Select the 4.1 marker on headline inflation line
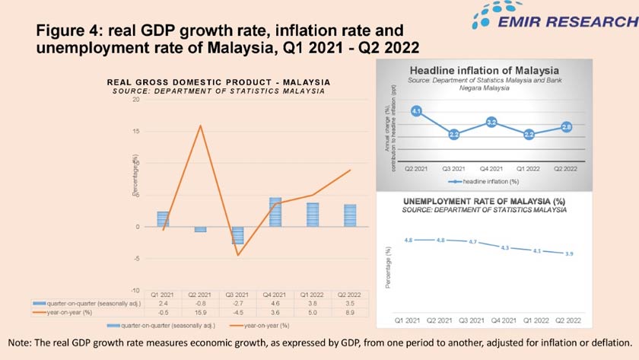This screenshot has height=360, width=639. (416, 111)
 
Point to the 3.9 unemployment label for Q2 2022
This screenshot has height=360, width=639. (569, 253)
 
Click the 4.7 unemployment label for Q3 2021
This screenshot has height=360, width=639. (472, 242)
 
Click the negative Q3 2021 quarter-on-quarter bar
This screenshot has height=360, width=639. (238, 235)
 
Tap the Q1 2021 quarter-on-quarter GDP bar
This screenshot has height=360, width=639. (163, 219)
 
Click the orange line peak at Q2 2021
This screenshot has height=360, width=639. (201, 126)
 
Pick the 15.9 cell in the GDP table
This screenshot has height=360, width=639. (201, 311)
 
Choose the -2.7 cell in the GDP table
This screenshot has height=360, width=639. (238, 303)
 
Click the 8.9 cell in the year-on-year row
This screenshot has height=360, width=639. (350, 311)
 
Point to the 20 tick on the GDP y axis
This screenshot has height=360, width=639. (135, 100)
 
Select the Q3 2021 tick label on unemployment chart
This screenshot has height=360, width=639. (472, 321)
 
